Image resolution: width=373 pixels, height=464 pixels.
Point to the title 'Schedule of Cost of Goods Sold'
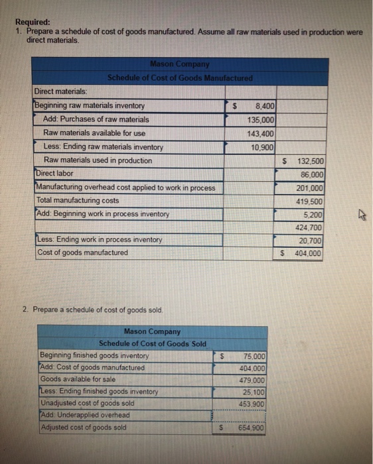point(153,343)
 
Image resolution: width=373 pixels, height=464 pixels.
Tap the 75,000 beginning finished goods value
point(254,357)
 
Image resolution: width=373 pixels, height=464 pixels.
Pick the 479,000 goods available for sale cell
point(253,380)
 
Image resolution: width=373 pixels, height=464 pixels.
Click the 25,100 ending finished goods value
point(254,392)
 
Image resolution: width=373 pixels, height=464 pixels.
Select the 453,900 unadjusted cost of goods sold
point(253,403)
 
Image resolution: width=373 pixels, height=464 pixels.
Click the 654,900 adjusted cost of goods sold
point(253,428)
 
